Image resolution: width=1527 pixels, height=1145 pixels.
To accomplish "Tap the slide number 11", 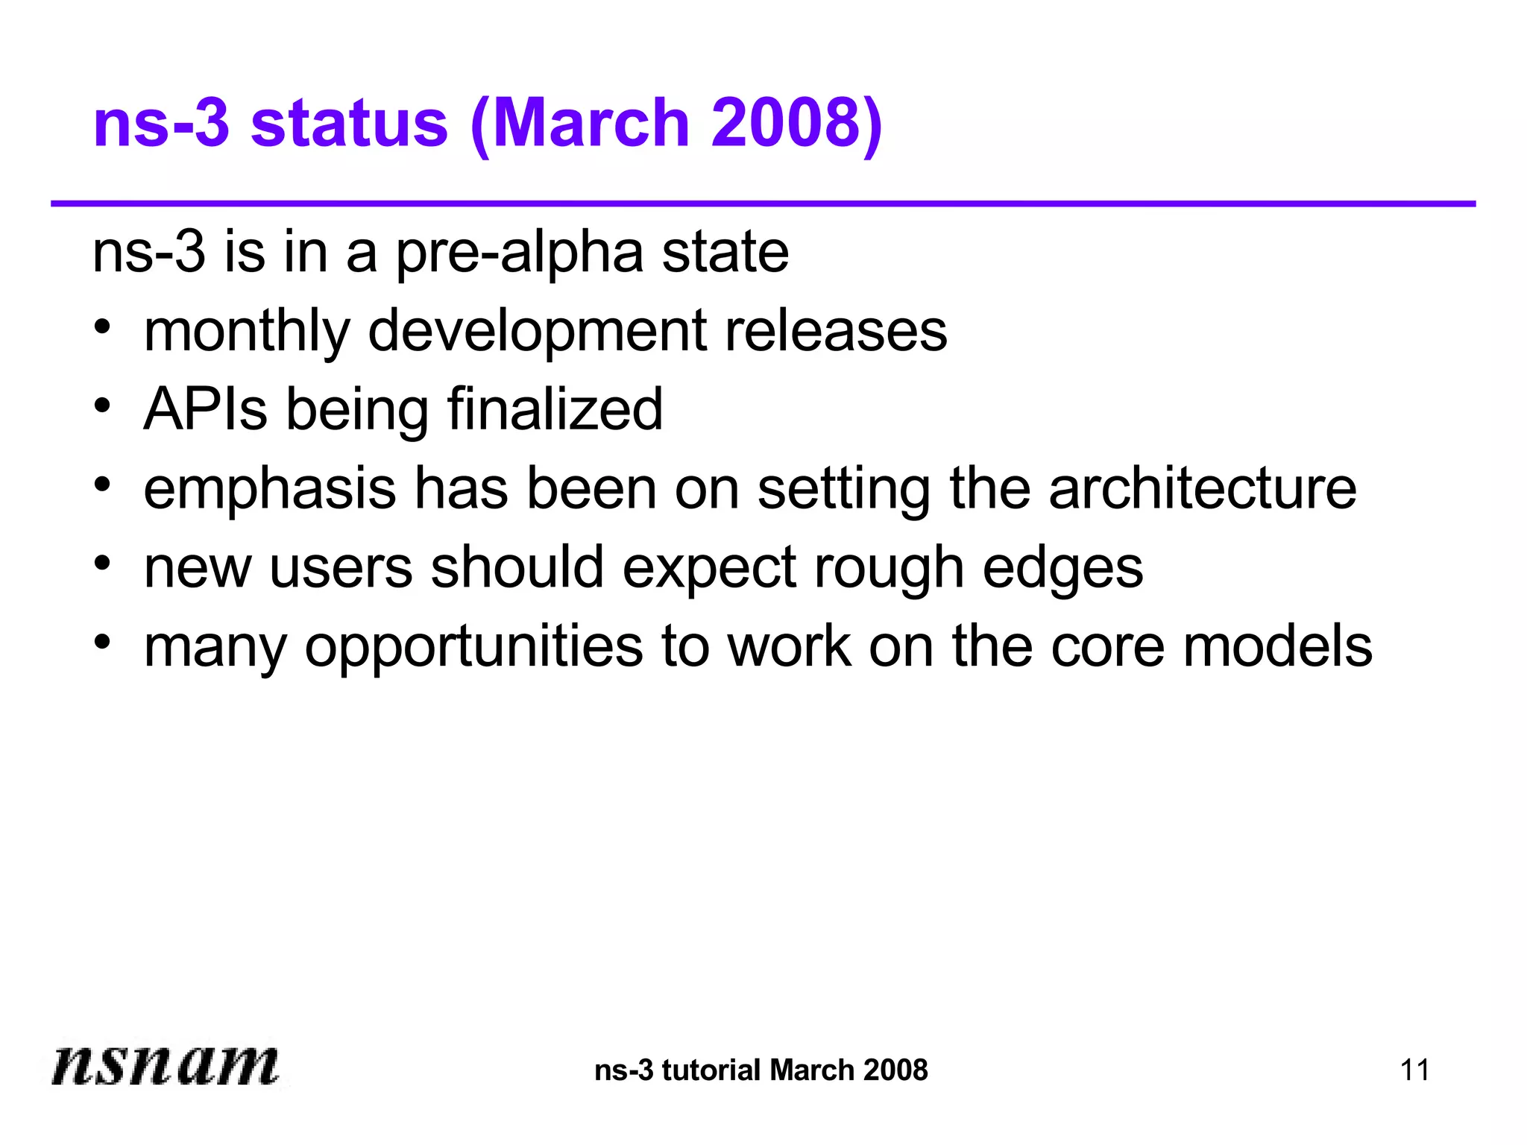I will coord(1414,1070).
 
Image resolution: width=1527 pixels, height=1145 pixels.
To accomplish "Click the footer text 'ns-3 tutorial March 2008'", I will coord(761,1070).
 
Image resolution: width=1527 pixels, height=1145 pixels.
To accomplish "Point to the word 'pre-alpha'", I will coord(519,253).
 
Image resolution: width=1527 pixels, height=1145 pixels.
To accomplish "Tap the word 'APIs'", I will coord(206,409).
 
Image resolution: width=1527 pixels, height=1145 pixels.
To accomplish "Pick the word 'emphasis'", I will coord(270,489).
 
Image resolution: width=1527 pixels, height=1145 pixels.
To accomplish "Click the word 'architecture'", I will coord(1203,489).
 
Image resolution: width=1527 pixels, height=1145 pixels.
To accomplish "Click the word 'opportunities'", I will coord(474,648).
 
